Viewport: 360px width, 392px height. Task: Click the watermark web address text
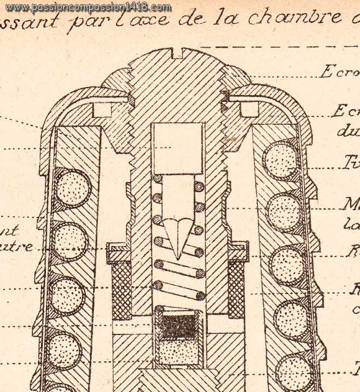tap(88, 7)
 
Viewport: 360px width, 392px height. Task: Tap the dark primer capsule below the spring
tap(179, 325)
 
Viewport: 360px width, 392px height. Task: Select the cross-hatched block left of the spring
tap(121, 288)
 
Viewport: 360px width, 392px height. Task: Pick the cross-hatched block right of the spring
tap(236, 288)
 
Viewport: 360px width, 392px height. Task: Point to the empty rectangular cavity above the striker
tap(177, 148)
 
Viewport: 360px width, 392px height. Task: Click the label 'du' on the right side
tap(345, 131)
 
